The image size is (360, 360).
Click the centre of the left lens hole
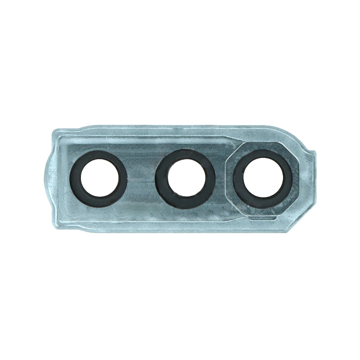(99, 179)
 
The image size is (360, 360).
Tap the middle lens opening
(185, 179)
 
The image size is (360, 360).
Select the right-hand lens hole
(263, 179)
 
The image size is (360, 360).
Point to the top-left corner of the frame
(57, 131)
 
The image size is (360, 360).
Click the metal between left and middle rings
(141, 179)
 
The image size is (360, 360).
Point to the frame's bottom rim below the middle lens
(185, 228)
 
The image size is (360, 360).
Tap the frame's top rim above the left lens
(99, 130)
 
